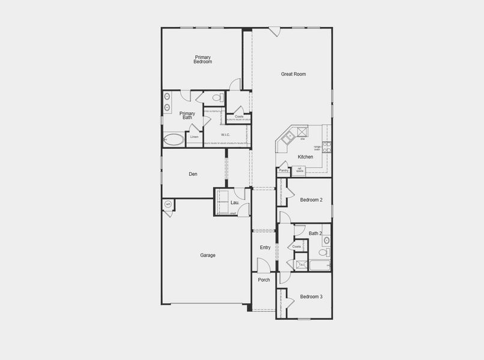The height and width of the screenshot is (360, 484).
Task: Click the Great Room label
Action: (294, 74)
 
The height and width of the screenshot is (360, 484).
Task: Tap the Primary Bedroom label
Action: (202, 59)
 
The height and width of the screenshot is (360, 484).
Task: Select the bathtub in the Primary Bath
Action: (174, 140)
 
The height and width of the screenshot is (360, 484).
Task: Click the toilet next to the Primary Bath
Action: (218, 97)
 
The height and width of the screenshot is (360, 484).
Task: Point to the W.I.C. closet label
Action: (226, 135)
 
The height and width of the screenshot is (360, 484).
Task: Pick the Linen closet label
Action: (194, 137)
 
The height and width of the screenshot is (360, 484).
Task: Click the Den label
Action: (193, 175)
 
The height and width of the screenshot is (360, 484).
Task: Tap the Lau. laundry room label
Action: (235, 203)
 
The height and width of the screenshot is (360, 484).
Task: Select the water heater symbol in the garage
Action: (168, 205)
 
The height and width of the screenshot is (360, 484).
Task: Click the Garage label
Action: (208, 256)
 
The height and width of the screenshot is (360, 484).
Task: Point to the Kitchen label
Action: (306, 157)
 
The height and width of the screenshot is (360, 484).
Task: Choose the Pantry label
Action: (283, 170)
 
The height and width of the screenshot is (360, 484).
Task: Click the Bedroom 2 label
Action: (312, 200)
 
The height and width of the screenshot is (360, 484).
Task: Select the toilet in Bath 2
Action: (323, 253)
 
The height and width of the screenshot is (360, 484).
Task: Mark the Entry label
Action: (265, 248)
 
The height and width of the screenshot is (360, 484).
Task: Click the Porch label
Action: (264, 280)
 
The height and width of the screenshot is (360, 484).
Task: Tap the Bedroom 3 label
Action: (312, 297)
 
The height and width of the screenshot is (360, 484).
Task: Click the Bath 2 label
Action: (315, 233)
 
